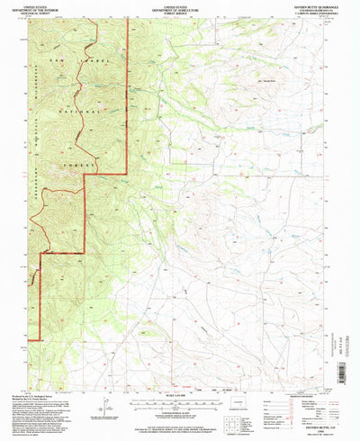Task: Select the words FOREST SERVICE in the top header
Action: pyautogui.click(x=171, y=12)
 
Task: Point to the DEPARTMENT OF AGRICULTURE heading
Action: pyautogui.click(x=171, y=8)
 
